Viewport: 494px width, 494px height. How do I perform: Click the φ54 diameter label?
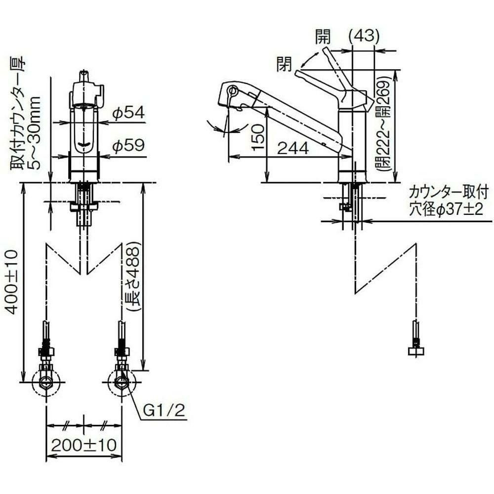click(128, 113)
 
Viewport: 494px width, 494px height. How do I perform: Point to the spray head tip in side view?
click(228, 92)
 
